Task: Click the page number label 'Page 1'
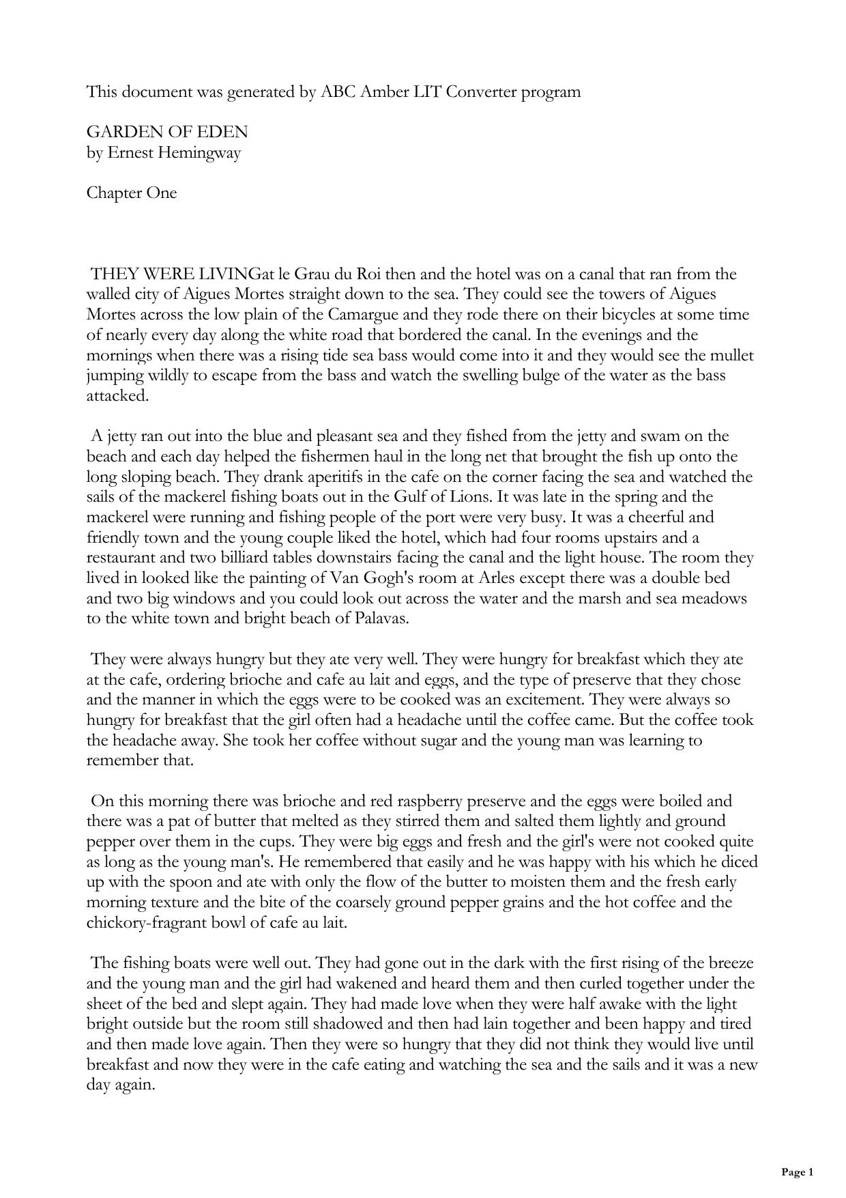[x=797, y=1172]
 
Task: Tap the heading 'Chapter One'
[x=132, y=193]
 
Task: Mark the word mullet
[x=731, y=356]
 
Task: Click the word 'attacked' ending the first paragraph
[x=117, y=396]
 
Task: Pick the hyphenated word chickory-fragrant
[x=156, y=923]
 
